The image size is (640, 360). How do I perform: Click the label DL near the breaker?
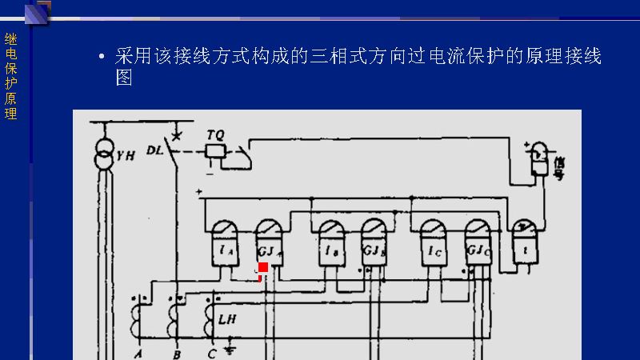tap(155, 150)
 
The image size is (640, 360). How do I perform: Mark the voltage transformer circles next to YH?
tap(103, 154)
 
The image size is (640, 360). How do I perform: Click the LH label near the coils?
tap(226, 318)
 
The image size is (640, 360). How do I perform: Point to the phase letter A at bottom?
tap(138, 353)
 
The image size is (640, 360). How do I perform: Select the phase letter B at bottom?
tap(176, 353)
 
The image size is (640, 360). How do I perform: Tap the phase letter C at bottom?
tap(212, 353)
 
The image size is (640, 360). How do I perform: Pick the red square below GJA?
tap(263, 267)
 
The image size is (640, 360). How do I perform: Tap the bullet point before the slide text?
tap(101, 58)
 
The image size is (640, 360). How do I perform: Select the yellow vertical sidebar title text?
tap(10, 76)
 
